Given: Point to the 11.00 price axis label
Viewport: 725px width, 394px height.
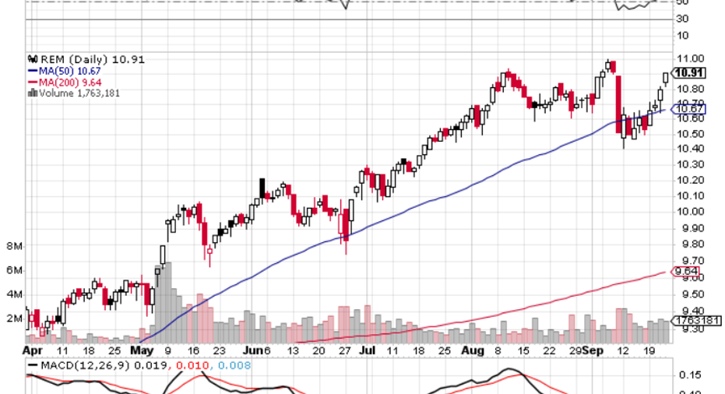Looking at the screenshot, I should tap(690, 58).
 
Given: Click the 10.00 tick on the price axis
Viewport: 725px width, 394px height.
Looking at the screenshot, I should tap(690, 211).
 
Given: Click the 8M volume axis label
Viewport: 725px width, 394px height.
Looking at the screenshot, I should tap(13, 246).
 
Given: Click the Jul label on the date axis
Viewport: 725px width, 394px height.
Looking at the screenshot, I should tap(367, 351).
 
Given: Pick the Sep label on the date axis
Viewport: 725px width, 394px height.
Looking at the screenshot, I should tap(594, 351).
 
